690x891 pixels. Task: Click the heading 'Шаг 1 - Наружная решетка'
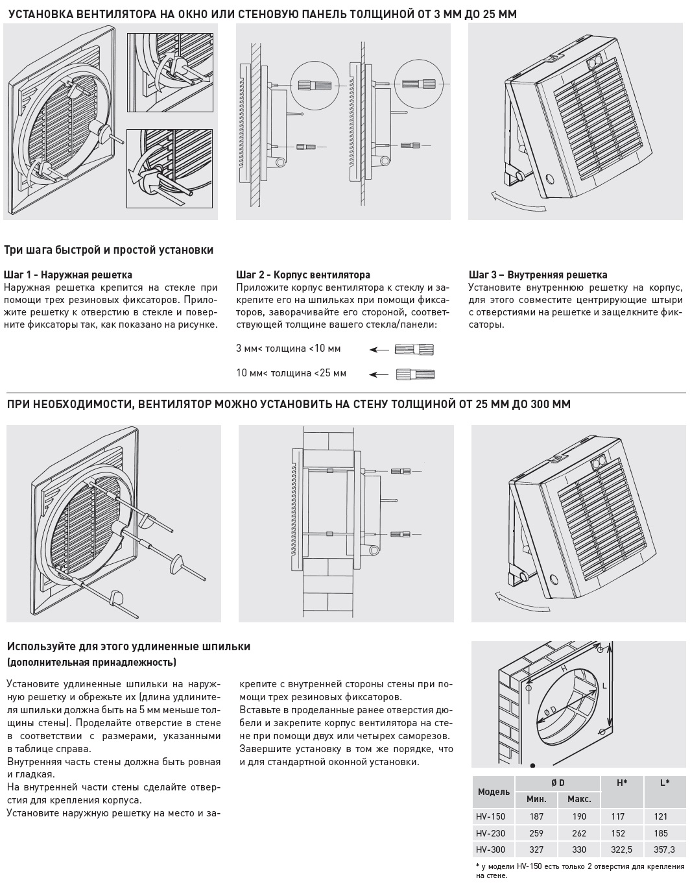(x=68, y=275)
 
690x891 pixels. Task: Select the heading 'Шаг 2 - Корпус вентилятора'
(x=303, y=275)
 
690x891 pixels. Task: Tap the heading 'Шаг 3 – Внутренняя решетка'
(x=538, y=275)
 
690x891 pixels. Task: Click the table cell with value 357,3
(x=665, y=849)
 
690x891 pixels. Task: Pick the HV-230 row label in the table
(x=490, y=833)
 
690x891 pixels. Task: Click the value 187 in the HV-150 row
(x=536, y=816)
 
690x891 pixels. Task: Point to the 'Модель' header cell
(x=494, y=792)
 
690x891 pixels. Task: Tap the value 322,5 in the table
(x=621, y=849)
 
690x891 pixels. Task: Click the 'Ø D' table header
(x=557, y=783)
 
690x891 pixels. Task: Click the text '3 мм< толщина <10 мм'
(x=288, y=348)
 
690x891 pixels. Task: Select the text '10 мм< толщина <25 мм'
(x=291, y=373)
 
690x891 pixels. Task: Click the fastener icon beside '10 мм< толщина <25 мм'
(x=414, y=374)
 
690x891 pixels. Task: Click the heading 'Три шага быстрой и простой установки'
(x=109, y=250)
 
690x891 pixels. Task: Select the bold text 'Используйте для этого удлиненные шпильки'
(x=128, y=646)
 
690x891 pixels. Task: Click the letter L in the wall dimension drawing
(x=604, y=685)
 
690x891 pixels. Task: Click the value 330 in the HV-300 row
(x=579, y=849)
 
